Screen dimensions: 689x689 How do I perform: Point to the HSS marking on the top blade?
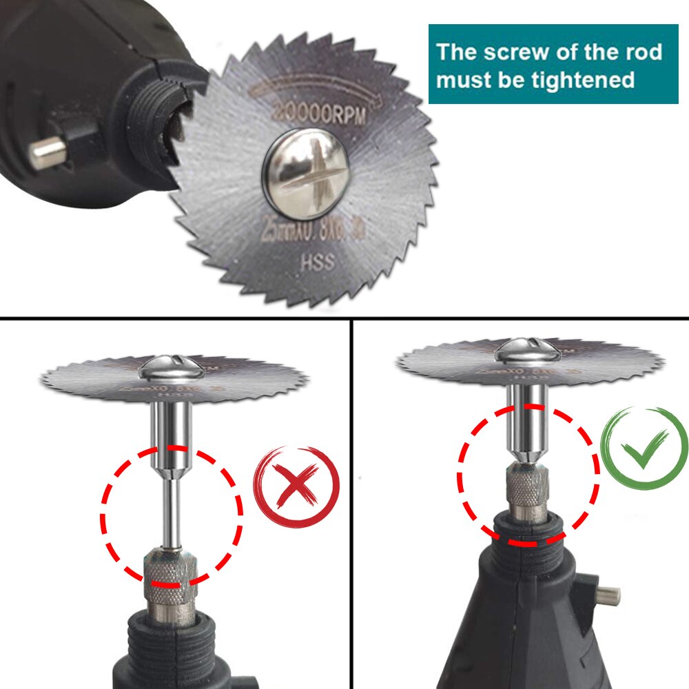317,263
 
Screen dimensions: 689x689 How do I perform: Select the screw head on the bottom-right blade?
527,351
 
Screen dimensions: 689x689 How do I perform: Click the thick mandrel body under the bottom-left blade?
170,434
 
